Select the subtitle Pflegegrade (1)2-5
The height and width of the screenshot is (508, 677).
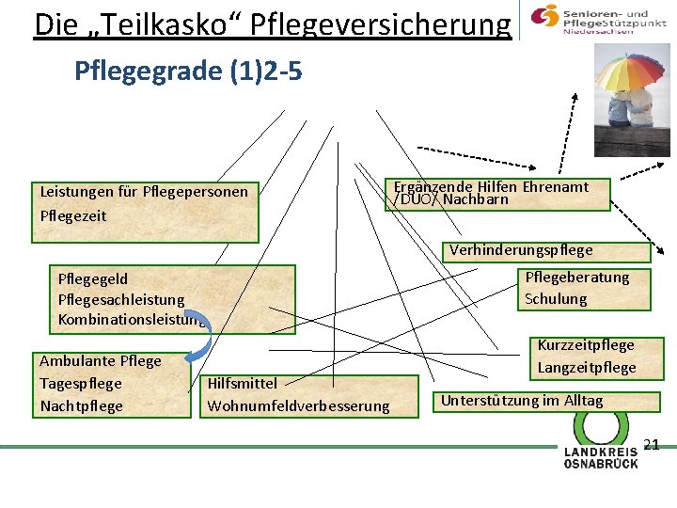click(x=188, y=71)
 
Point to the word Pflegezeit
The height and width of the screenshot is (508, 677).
click(x=73, y=215)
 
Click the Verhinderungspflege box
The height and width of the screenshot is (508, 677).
click(x=521, y=250)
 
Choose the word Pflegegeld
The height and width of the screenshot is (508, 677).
click(x=93, y=278)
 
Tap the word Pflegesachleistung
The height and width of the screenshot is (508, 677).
click(x=121, y=299)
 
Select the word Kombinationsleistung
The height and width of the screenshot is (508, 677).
click(x=132, y=320)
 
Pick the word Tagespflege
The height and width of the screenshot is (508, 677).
click(x=81, y=383)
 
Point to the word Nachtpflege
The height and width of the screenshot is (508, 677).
click(x=82, y=405)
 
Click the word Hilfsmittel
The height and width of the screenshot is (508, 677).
click(x=242, y=383)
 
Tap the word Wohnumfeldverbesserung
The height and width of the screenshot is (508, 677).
click(x=298, y=405)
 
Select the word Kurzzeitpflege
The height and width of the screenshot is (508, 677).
click(x=586, y=345)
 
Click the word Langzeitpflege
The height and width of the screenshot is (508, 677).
click(x=587, y=367)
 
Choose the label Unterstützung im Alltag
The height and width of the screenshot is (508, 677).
click(x=522, y=401)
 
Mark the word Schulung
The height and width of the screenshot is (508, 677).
click(x=556, y=299)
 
